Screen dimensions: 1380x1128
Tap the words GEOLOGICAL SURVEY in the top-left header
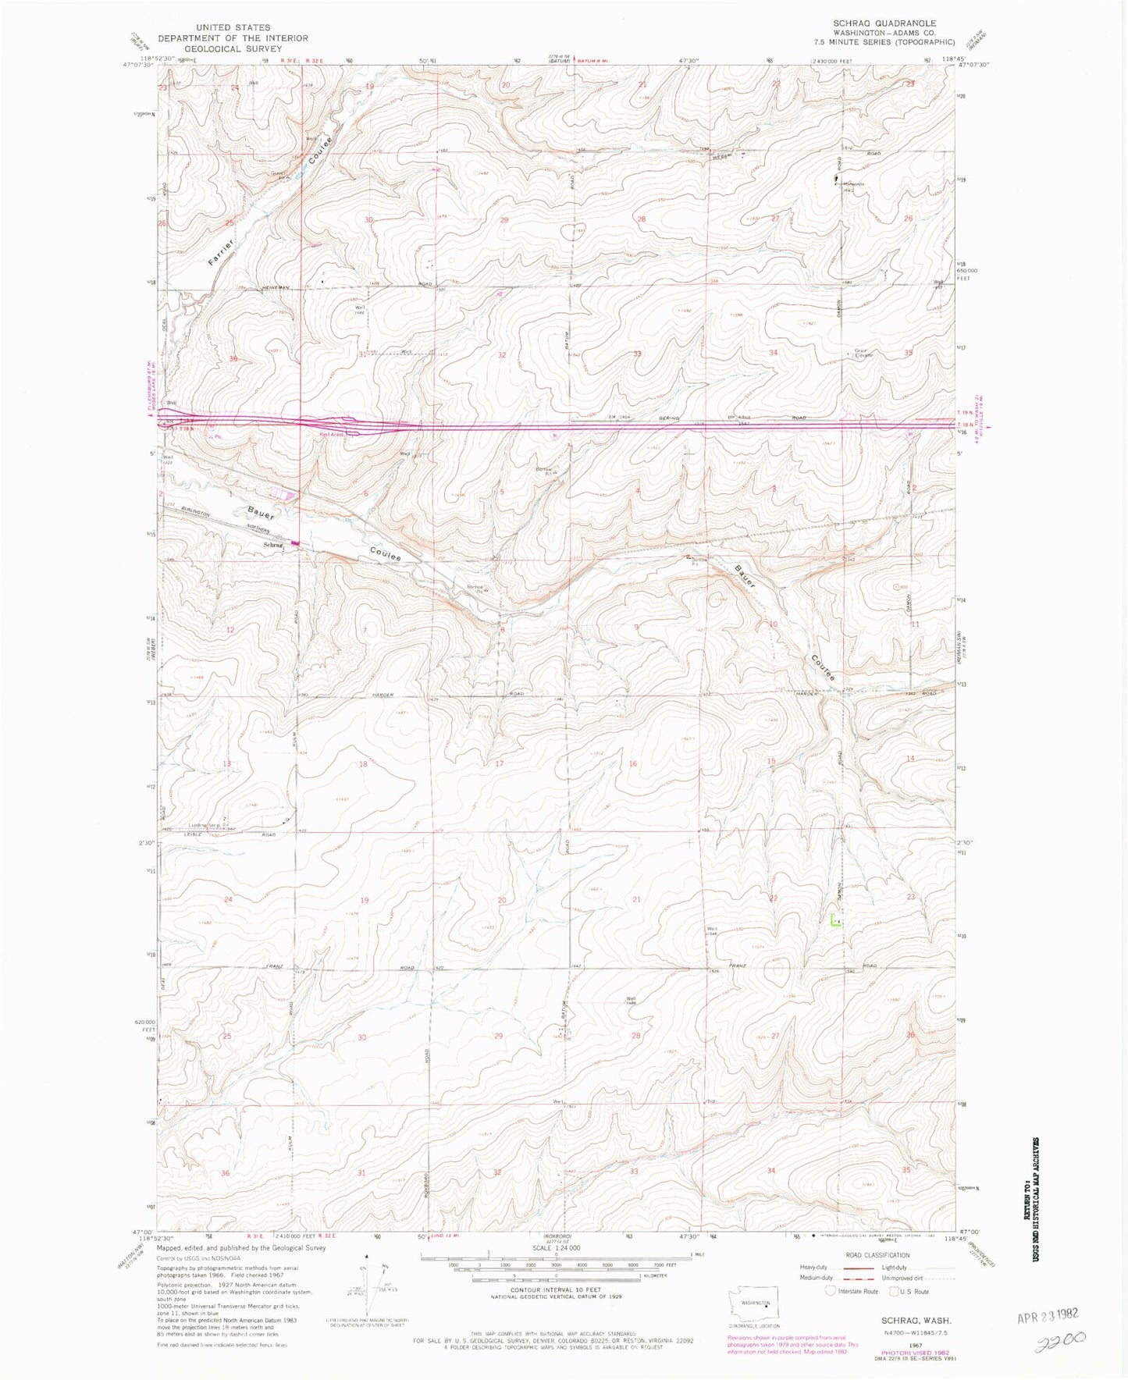coord(233,48)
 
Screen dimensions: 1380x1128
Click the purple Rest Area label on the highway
coord(332,435)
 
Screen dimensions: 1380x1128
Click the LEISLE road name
coord(192,834)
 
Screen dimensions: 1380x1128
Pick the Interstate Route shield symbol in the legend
coord(831,1291)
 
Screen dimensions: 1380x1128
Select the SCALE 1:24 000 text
coord(555,1248)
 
